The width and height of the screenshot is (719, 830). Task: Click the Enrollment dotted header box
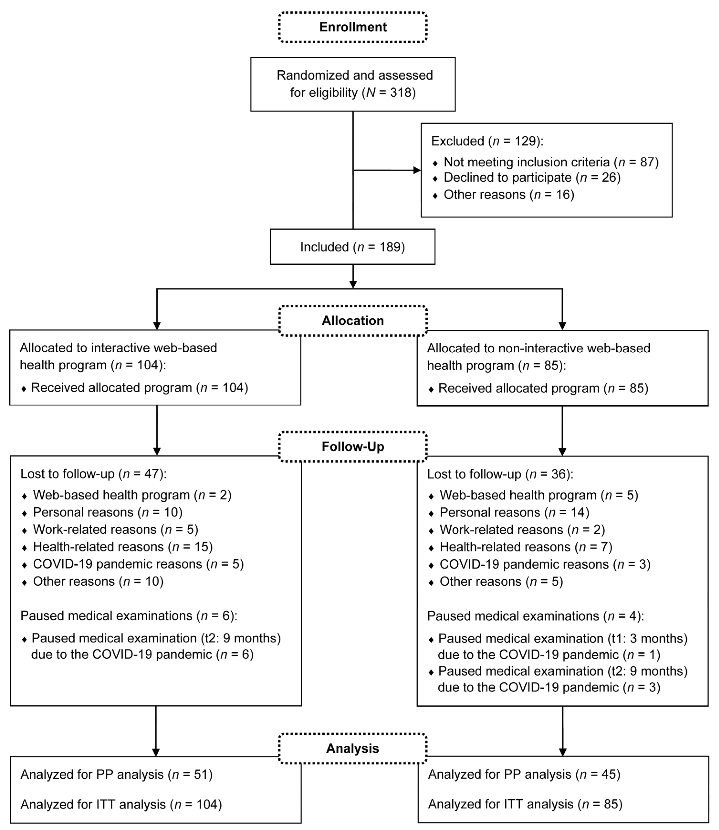[353, 27]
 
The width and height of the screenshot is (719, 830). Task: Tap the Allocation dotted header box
[353, 320]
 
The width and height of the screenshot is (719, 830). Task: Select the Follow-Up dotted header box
[353, 447]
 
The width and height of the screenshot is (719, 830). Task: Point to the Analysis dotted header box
[353, 748]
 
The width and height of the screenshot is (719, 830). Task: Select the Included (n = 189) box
[352, 247]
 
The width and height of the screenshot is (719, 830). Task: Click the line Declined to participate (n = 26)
[532, 177]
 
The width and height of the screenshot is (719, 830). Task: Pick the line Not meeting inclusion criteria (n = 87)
[550, 162]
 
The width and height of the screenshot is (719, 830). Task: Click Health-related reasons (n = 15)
[122, 547]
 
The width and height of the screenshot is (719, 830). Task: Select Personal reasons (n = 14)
[514, 512]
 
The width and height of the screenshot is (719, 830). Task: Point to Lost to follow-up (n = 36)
[500, 474]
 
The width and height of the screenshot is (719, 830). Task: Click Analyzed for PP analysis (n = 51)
[116, 775]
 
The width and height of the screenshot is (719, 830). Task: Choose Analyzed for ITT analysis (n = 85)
[525, 804]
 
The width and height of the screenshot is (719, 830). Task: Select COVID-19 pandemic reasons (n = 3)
[544, 564]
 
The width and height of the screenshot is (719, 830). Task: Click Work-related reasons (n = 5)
[115, 530]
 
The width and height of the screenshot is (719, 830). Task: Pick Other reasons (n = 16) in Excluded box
[508, 195]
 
